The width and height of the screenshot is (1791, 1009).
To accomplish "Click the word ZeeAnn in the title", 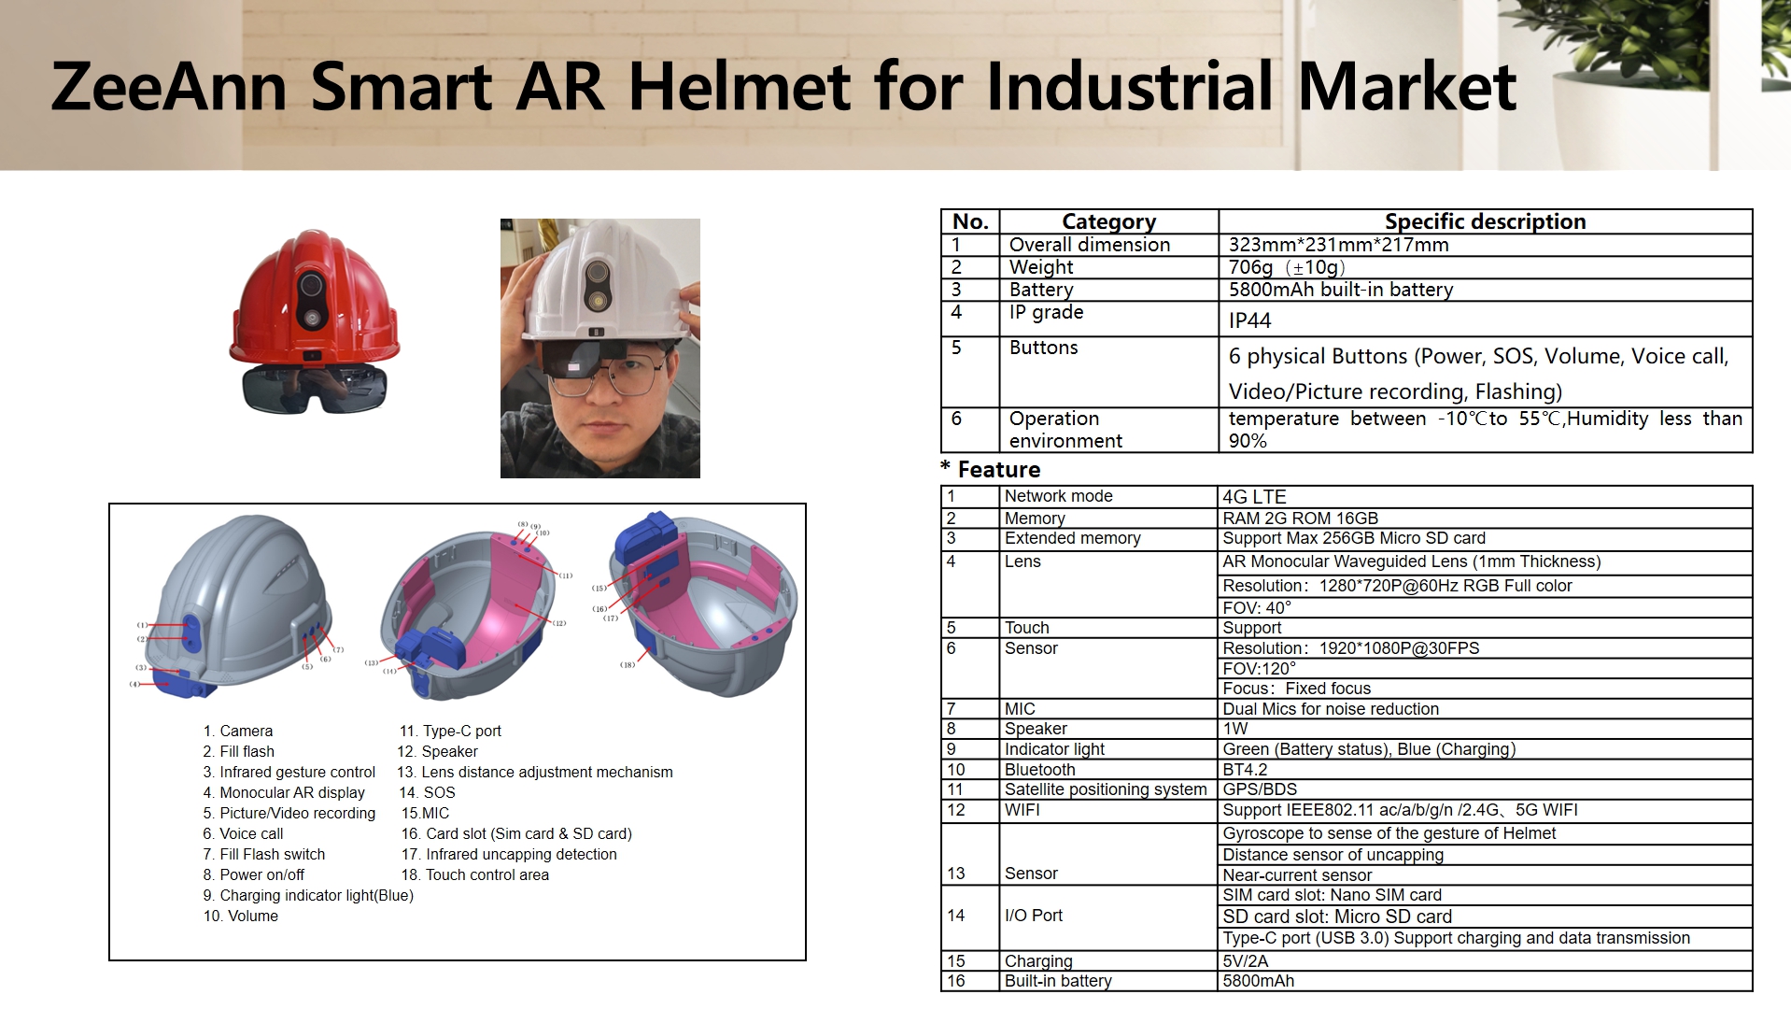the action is pos(169,86).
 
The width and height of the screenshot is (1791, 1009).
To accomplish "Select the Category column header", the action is pos(1108,221).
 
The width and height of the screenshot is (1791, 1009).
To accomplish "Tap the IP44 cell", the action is pos(1249,320).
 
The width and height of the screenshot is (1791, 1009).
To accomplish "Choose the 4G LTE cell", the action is pos(1254,497).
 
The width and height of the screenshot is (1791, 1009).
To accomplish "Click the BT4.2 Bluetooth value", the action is pos(1245,770).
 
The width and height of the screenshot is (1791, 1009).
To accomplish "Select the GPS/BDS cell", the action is pos(1260,789).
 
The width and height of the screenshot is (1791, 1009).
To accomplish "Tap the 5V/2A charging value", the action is pos(1246,961).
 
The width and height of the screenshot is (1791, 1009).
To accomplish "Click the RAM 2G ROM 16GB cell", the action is pos(1300,519).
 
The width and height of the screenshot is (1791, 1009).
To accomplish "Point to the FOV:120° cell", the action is pos(1260,669).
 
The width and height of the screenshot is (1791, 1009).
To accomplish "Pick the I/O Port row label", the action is pos(1033,916).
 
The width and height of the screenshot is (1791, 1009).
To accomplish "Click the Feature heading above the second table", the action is pos(998,469).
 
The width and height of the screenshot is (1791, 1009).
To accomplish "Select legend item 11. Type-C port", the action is pos(450,731).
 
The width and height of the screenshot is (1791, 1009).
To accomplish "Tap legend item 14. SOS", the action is pos(427,792).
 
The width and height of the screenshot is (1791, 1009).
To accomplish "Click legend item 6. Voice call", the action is pos(243,833).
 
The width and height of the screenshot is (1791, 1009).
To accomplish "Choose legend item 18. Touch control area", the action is pos(474,874).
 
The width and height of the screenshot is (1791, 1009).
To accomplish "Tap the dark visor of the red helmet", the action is pos(314,388).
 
